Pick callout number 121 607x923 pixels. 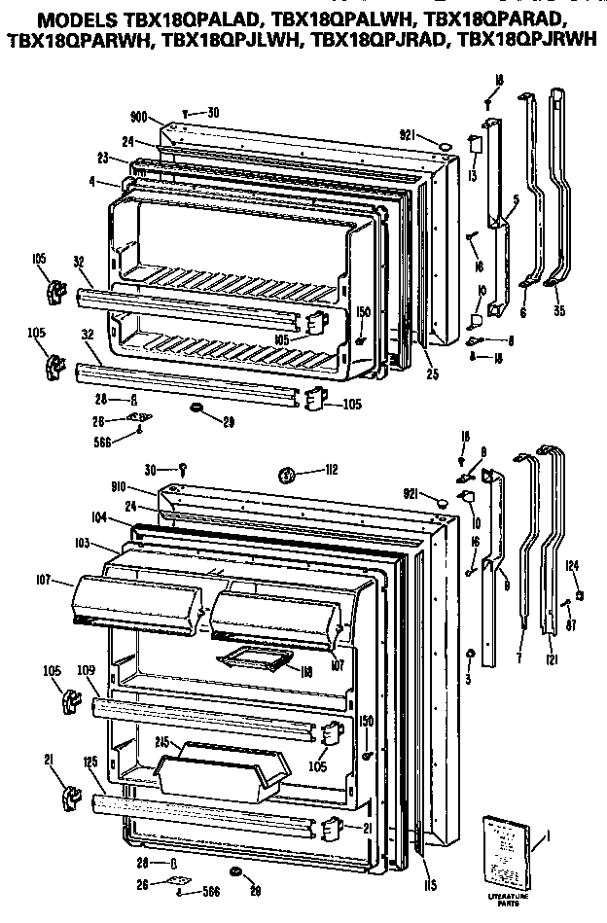tap(553, 662)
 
